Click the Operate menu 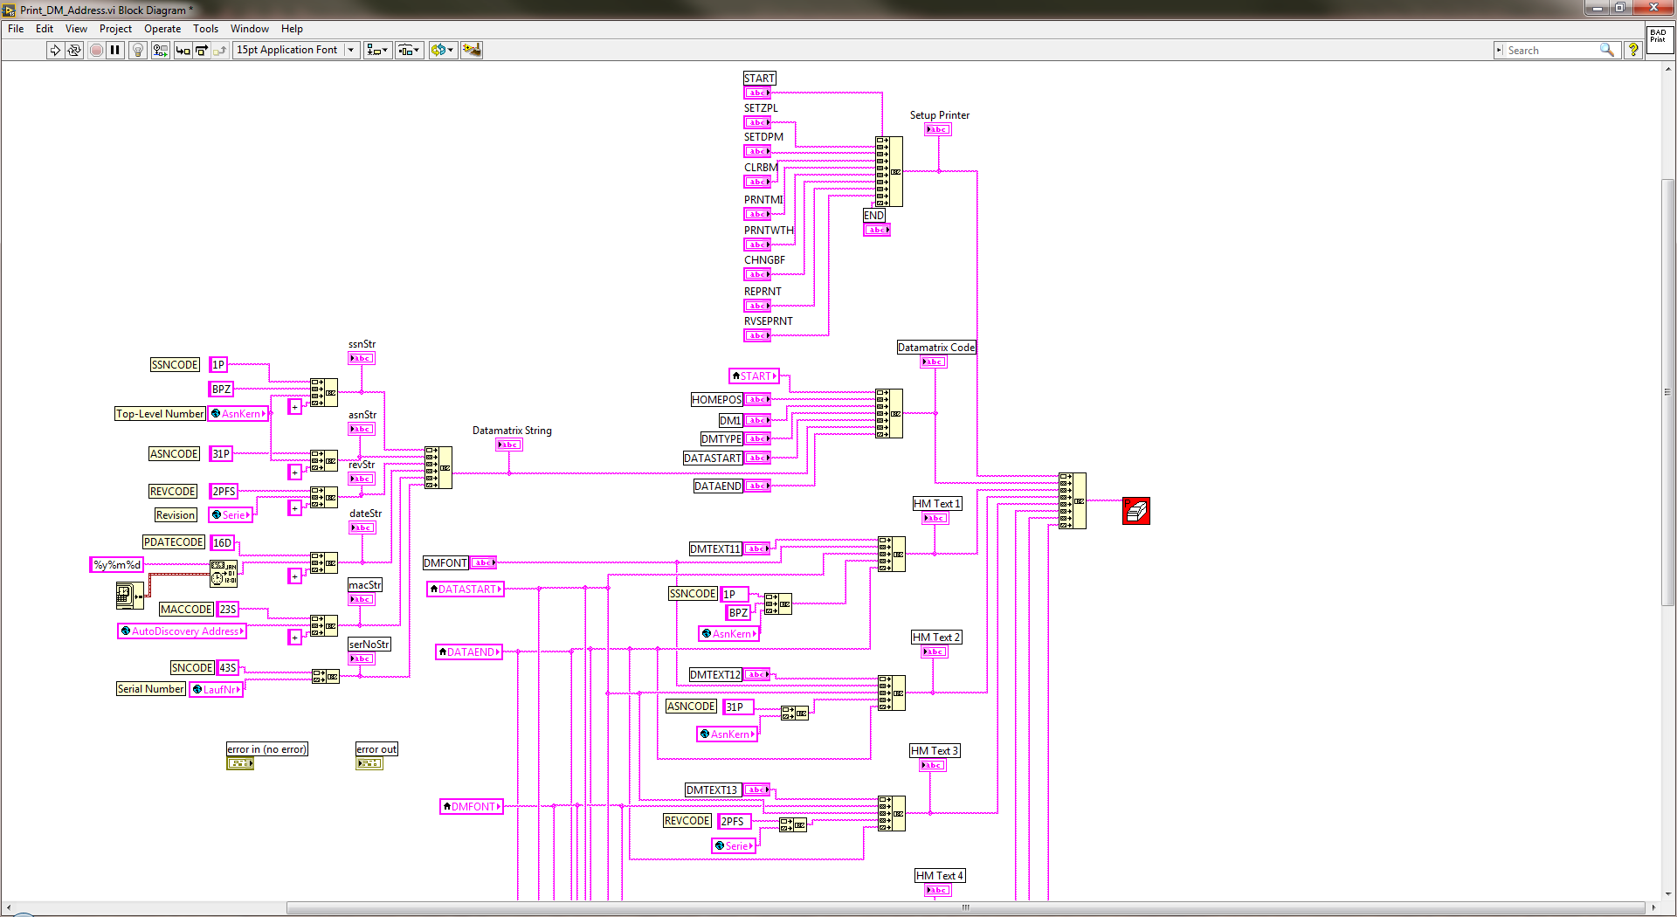tap(162, 29)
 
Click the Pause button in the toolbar tap(115, 50)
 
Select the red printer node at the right tap(1135, 511)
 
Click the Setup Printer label tap(939, 115)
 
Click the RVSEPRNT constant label tap(768, 321)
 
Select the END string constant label tap(873, 216)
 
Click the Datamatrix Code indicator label tap(935, 348)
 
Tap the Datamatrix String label tap(512, 431)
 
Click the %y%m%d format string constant tap(117, 565)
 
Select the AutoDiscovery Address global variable tap(183, 631)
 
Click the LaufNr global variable tap(217, 690)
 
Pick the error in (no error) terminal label tap(266, 749)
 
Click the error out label tap(376, 749)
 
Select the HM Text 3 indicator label tap(934, 751)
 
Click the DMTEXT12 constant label tap(714, 675)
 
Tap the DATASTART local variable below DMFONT tap(466, 589)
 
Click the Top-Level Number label tap(160, 414)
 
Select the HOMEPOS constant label tap(716, 400)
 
